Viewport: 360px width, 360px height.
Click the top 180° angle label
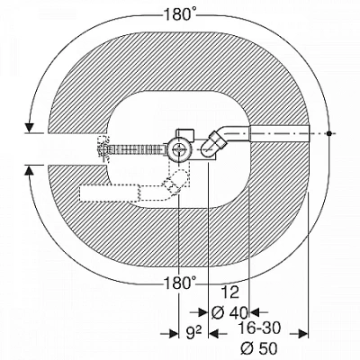(180, 14)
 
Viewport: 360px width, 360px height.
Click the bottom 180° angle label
(180, 283)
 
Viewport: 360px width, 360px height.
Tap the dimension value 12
(230, 292)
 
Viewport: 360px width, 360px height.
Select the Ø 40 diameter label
(229, 313)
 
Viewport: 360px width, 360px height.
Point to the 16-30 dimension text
(259, 328)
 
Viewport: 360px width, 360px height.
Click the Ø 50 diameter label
(259, 348)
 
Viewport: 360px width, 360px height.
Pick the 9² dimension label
(193, 333)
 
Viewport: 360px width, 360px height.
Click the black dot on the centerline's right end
(329, 133)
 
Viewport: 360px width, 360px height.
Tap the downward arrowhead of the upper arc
(29, 128)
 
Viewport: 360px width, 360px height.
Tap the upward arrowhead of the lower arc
(29, 170)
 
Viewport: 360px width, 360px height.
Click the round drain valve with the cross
(178, 149)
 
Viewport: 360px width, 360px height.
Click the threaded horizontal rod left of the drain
(136, 148)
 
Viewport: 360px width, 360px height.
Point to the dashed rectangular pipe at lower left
(110, 193)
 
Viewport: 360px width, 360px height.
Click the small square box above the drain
(185, 134)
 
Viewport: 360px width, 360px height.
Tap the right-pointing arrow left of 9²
(170, 334)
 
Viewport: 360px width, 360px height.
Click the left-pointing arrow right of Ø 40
(255, 312)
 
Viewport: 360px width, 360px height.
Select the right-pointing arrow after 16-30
(299, 334)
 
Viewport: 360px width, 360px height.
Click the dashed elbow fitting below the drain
(175, 183)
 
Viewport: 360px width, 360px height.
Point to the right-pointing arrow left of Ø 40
(199, 312)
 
